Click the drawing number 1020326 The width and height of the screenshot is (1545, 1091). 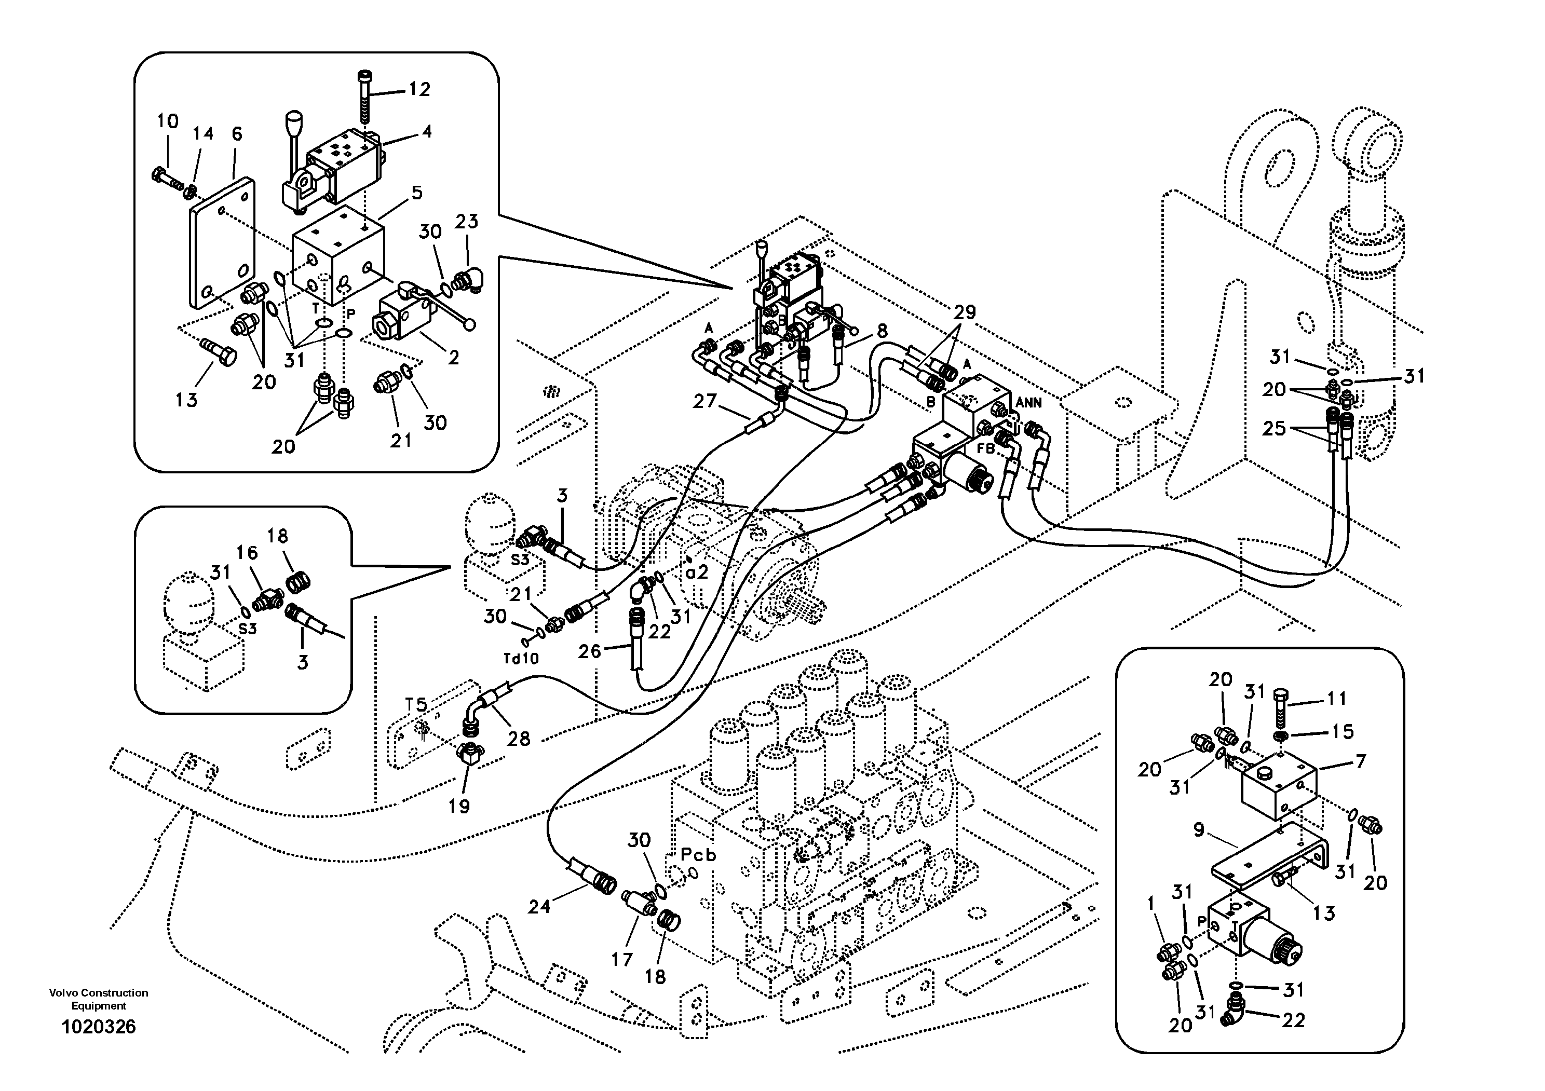tap(98, 1027)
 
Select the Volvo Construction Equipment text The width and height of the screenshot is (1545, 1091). tap(98, 999)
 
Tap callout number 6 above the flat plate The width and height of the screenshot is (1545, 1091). tap(236, 134)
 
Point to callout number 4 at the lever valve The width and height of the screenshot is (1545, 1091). tap(427, 132)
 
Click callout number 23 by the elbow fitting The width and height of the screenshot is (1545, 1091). tap(466, 221)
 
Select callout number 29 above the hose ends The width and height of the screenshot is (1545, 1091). tap(964, 312)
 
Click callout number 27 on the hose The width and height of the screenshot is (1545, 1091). tap(704, 402)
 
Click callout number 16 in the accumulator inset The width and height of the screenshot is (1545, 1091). tap(247, 553)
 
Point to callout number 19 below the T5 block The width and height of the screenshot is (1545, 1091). tap(459, 806)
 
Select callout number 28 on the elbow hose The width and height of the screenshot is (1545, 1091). tap(518, 739)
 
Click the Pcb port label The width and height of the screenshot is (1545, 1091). tap(698, 855)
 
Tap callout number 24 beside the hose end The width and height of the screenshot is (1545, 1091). tap(539, 907)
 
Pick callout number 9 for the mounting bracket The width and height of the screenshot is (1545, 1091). tap(1198, 830)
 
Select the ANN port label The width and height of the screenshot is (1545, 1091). tap(1028, 403)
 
